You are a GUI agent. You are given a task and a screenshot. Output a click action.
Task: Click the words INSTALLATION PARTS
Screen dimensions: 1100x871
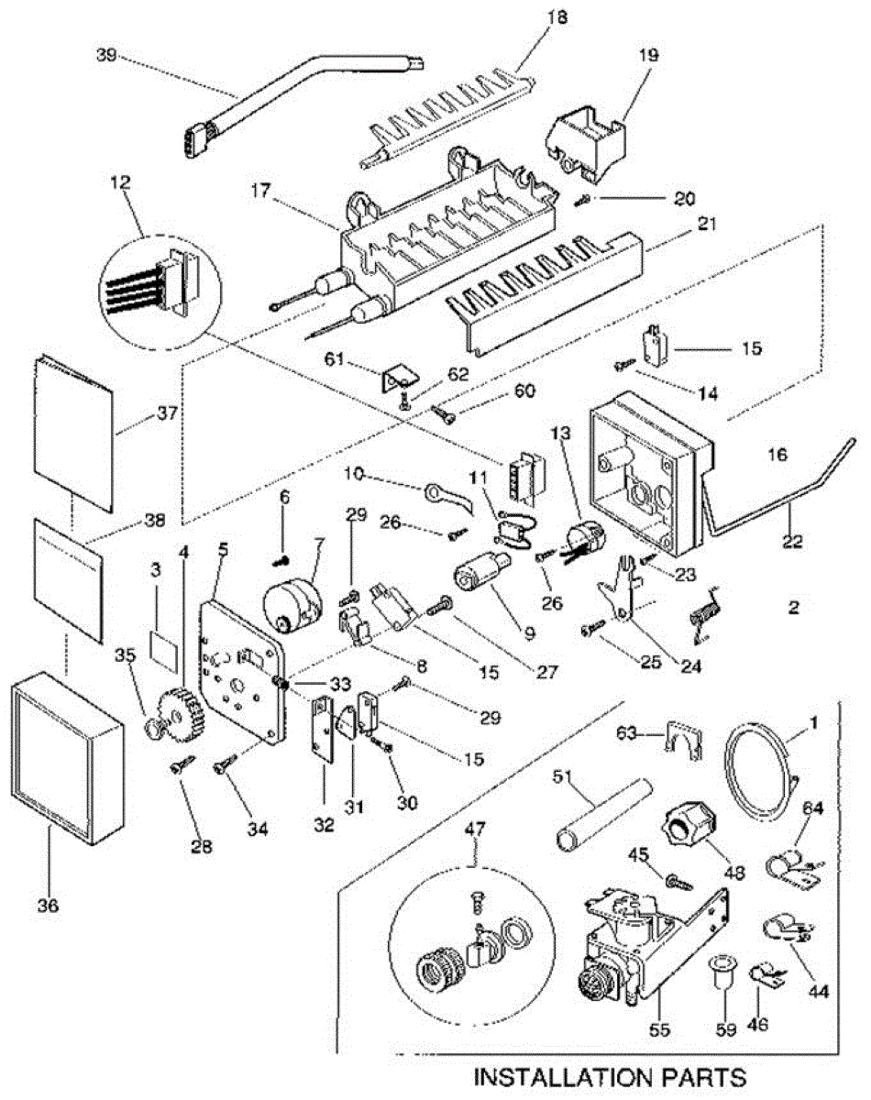(x=609, y=1074)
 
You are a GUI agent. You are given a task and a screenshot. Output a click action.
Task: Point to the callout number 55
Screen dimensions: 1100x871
(x=659, y=1029)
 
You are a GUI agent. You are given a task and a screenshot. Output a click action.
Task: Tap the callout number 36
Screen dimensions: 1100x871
(x=48, y=905)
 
